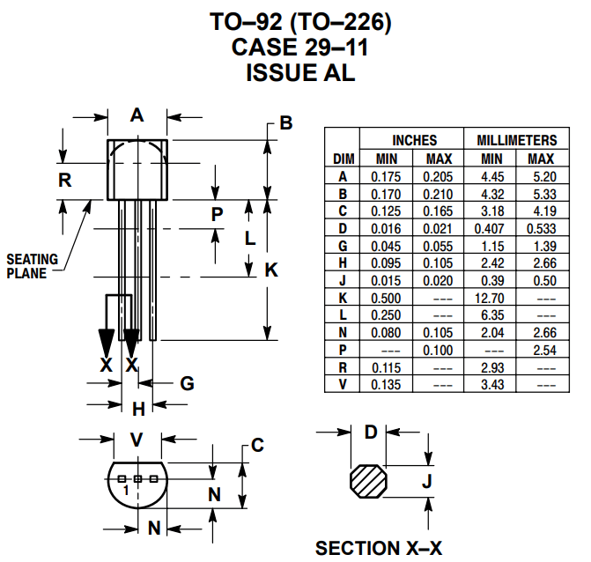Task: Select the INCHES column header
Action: click(414, 140)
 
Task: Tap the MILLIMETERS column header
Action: click(517, 140)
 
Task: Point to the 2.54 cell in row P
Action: click(542, 351)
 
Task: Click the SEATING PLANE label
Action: click(33, 265)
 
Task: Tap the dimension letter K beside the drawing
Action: click(271, 270)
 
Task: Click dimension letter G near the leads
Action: click(187, 383)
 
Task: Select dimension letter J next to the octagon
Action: click(426, 481)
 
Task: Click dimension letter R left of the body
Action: click(64, 181)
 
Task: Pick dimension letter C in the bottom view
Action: click(257, 446)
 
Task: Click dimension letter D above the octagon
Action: click(371, 432)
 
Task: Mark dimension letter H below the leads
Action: click(137, 409)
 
